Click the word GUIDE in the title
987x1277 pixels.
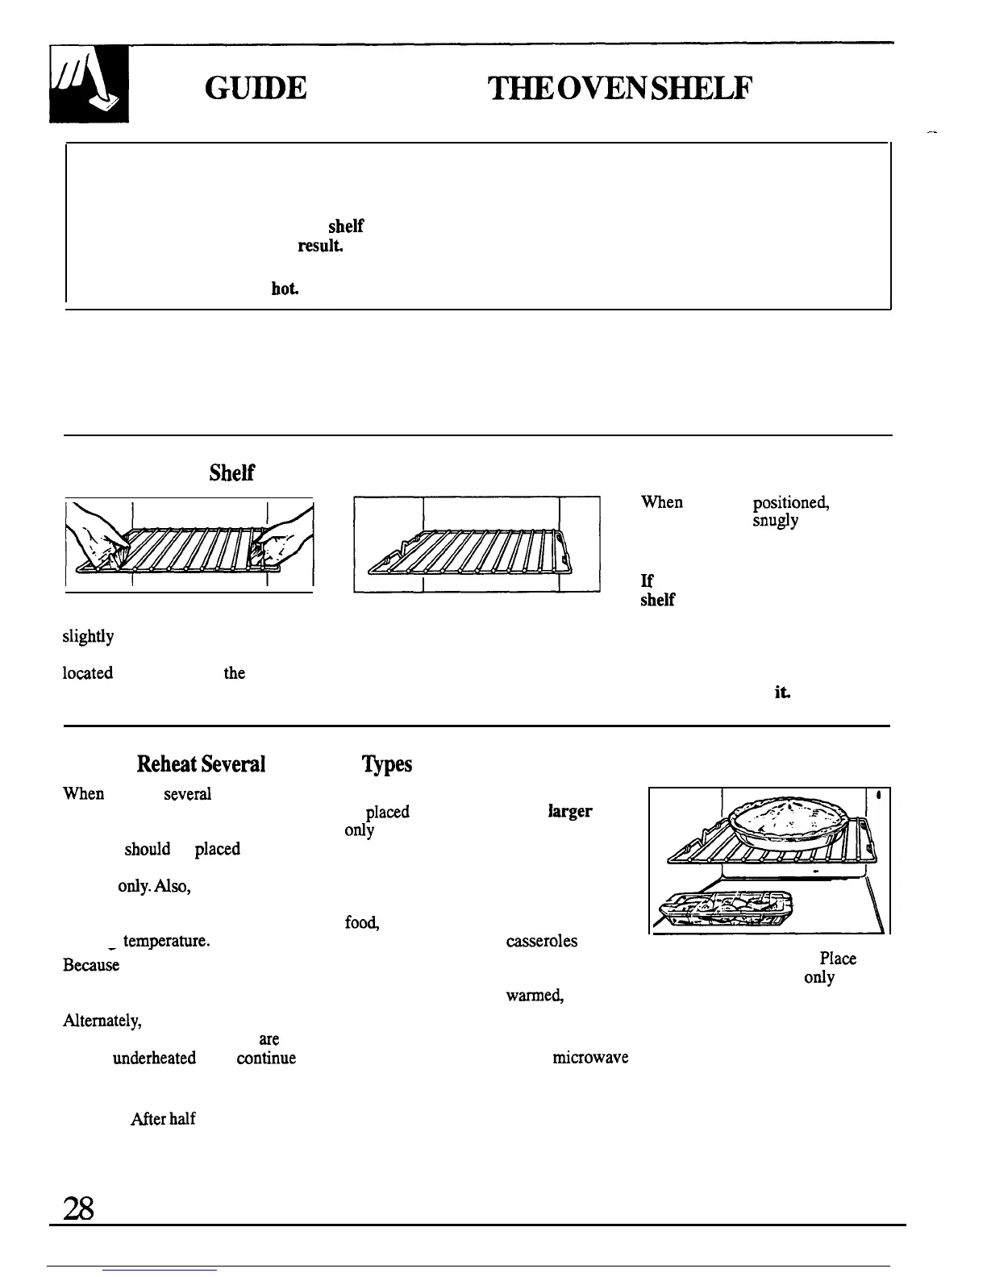point(256,88)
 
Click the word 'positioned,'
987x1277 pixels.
point(791,503)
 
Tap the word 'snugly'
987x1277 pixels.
point(775,521)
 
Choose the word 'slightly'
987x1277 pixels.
point(88,637)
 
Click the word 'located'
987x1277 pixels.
point(88,673)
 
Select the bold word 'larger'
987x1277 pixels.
point(570,811)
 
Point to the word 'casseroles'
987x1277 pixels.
point(541,941)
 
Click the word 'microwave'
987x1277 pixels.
point(590,1057)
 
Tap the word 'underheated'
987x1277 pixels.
point(154,1058)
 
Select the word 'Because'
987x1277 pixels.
point(91,965)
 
